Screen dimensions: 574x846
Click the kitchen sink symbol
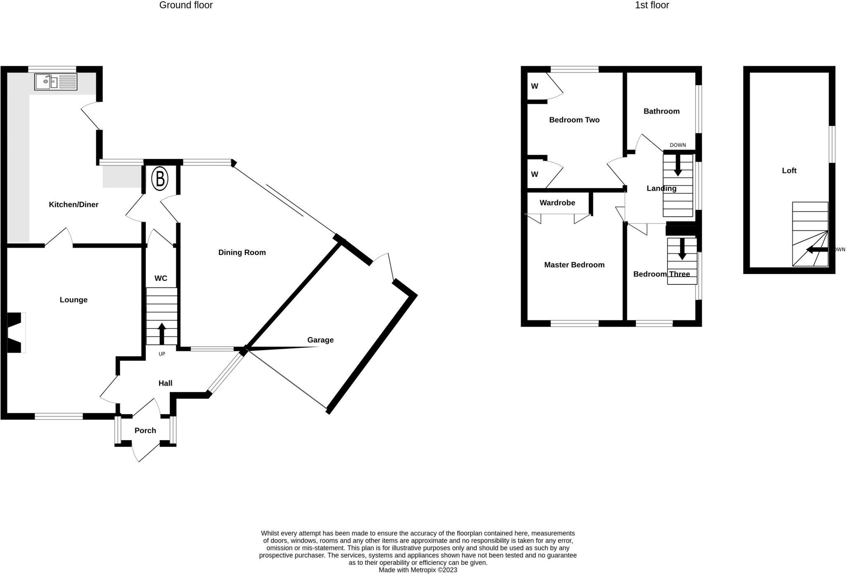[x=56, y=82]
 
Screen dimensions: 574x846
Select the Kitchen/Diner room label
[x=74, y=205]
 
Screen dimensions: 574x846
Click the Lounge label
[x=74, y=300]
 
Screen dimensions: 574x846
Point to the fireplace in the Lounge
[x=16, y=333]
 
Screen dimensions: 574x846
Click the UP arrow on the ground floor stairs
[x=162, y=334]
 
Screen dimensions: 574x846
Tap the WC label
[x=161, y=279]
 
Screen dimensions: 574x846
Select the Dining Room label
[x=242, y=252]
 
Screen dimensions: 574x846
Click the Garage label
[x=320, y=340]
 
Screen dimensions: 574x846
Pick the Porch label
[x=145, y=431]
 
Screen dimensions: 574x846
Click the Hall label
[x=165, y=383]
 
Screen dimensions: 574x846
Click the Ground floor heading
[x=186, y=5]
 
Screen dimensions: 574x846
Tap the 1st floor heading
[x=652, y=5]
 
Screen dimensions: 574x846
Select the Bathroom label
[x=661, y=111]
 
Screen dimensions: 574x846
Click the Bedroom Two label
[x=574, y=120]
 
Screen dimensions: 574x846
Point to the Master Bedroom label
[x=574, y=265]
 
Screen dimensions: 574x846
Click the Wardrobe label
[x=557, y=203]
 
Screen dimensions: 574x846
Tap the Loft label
[x=789, y=171]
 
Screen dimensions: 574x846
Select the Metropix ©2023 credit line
[x=418, y=570]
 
